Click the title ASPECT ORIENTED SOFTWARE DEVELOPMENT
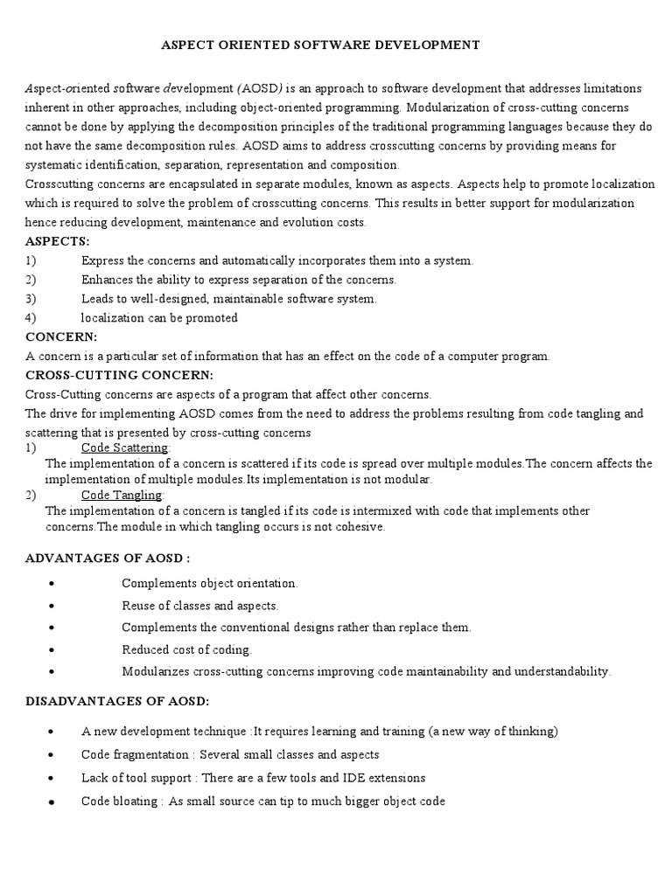click(x=320, y=45)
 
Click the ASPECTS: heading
click(x=58, y=241)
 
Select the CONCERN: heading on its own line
click(x=61, y=336)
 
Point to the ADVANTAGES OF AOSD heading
click(x=108, y=558)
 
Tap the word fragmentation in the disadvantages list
click(x=154, y=753)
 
